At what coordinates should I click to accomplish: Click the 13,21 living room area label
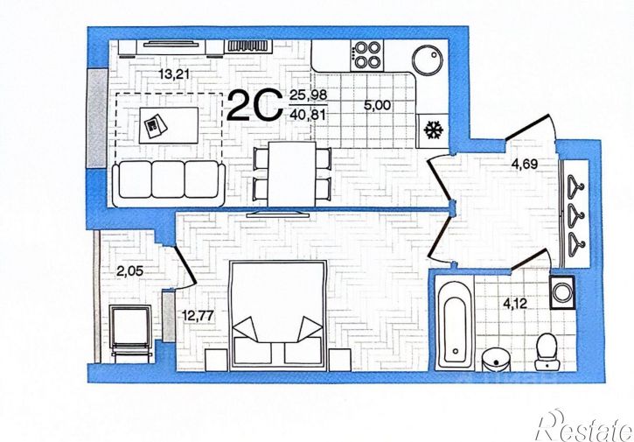[174, 74]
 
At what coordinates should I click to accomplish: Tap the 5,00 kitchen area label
[377, 105]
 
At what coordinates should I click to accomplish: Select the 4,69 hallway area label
[524, 164]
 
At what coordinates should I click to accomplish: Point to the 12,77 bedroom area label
[198, 315]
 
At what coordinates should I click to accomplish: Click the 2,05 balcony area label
[129, 271]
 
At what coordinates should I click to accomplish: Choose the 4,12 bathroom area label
[515, 303]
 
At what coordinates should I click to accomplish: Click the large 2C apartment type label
[254, 105]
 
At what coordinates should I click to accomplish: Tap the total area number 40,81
[308, 115]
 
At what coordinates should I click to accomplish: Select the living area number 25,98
[308, 95]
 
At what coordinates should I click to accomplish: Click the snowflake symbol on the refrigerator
[434, 130]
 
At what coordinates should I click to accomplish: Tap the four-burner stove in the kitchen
[367, 55]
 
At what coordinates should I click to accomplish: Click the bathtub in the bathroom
[455, 323]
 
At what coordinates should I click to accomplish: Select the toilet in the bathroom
[547, 351]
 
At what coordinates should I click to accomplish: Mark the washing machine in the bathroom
[562, 292]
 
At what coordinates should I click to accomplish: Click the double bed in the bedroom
[278, 315]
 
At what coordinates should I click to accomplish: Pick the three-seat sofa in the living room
[168, 183]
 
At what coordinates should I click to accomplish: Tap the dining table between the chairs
[291, 174]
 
